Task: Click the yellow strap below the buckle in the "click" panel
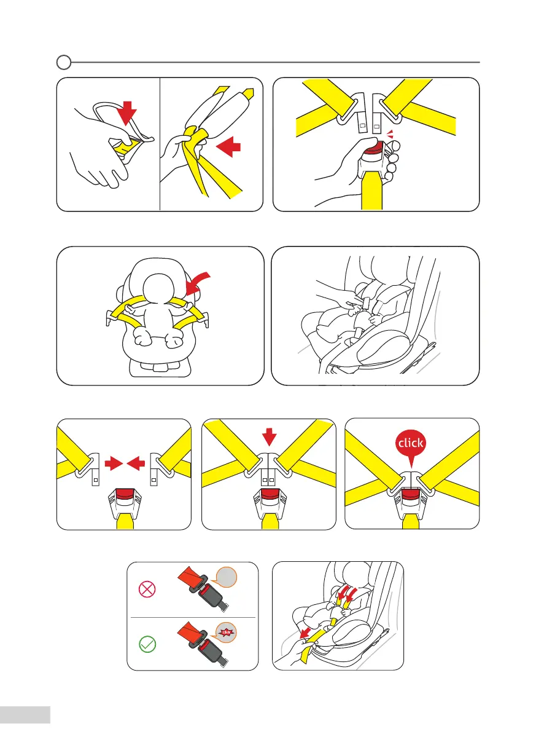pos(411,523)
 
